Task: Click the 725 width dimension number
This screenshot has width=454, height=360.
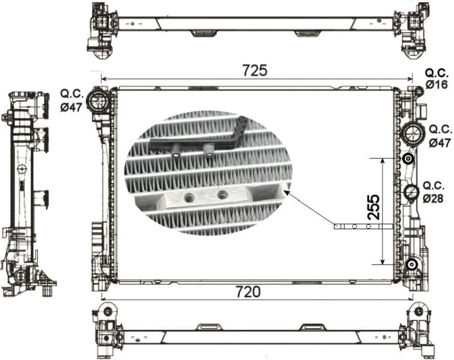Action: pos(254,70)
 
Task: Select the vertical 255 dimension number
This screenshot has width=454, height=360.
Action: pos(373,208)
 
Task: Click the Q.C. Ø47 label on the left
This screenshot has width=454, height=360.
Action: pos(71,100)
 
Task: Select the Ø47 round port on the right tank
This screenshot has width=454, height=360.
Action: pos(412,133)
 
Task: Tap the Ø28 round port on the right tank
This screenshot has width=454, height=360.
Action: pos(411,193)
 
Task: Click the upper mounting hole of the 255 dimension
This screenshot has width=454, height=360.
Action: pos(408,159)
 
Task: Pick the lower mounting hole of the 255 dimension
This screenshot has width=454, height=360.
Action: pos(411,264)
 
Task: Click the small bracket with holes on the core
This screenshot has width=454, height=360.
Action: pos(363,226)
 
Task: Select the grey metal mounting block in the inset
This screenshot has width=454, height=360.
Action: pos(207,196)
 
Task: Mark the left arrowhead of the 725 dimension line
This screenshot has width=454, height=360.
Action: pos(104,79)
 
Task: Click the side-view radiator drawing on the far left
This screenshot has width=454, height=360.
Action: pos(26,192)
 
